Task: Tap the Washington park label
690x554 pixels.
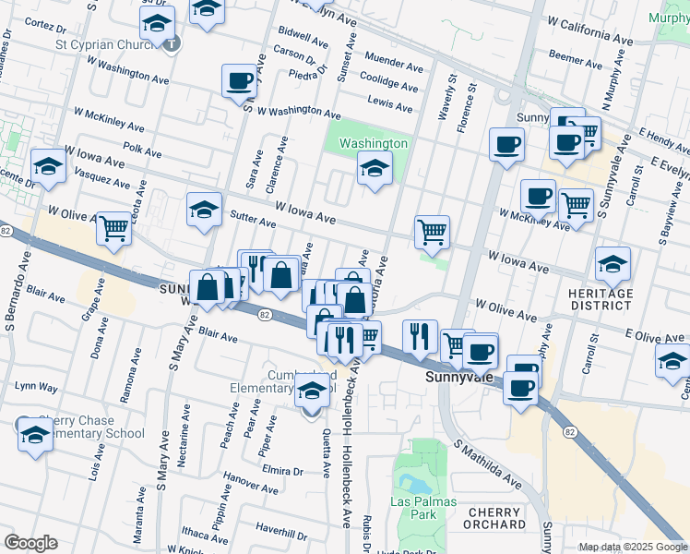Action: pyautogui.click(x=373, y=143)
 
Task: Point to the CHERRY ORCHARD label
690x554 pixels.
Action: pyautogui.click(x=495, y=518)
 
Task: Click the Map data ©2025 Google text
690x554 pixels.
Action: pyautogui.click(x=632, y=547)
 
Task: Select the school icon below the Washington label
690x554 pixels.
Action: pyautogui.click(x=374, y=169)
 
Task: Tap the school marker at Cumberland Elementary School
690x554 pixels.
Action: pyautogui.click(x=312, y=394)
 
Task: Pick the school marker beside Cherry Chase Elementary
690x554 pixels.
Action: pyautogui.click(x=34, y=434)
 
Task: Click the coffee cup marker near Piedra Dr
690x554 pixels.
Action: pyautogui.click(x=239, y=80)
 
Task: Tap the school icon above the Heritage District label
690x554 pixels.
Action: pyautogui.click(x=613, y=265)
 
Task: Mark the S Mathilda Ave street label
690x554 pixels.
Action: pyautogui.click(x=487, y=465)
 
